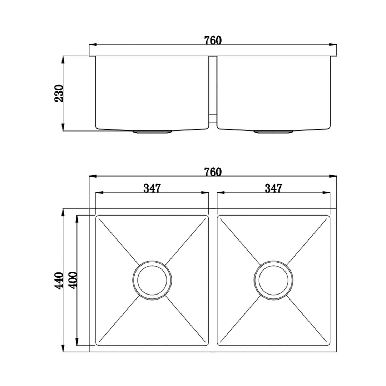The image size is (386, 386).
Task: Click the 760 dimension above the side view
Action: pos(213,40)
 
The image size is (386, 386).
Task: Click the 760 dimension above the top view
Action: pos(213,172)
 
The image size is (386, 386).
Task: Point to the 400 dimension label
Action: pos(73,280)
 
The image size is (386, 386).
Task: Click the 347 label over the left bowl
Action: pos(152,188)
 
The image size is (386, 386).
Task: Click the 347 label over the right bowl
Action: pos(273,188)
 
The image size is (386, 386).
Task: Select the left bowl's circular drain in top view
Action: pos(152,280)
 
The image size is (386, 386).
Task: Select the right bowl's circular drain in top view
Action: pos(274,280)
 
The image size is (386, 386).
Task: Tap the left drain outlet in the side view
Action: pos(152,132)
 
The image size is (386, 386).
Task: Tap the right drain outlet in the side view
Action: pos(274,132)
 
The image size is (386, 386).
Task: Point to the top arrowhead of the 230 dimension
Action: pos(63,60)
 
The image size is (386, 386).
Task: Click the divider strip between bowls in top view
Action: pos(213,280)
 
